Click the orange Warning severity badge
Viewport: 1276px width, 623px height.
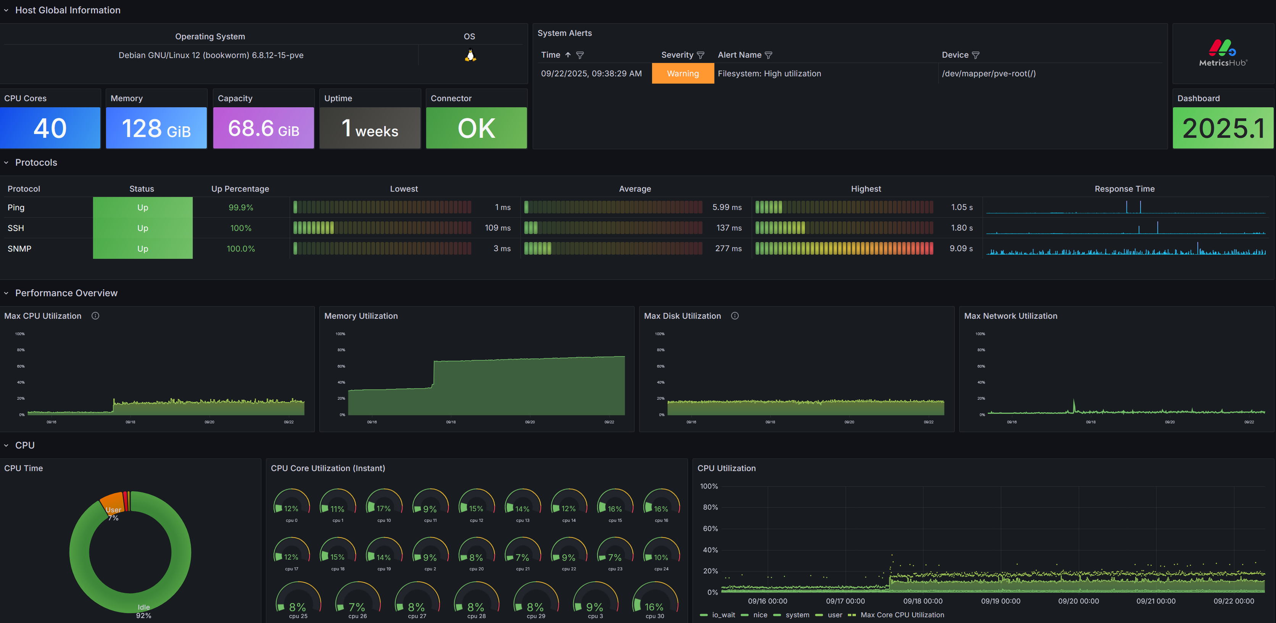683,73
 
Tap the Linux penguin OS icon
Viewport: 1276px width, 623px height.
470,55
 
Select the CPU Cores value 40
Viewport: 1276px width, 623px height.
50,128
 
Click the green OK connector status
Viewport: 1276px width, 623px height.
476,128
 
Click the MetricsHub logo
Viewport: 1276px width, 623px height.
1223,53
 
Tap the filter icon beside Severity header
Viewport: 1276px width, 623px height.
701,55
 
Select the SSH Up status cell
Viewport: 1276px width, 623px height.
143,228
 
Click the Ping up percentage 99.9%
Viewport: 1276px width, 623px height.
241,208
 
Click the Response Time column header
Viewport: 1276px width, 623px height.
1125,189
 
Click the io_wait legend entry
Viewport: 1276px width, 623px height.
718,615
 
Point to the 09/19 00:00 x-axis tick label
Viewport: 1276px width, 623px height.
1000,601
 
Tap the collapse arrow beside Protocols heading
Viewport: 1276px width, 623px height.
6,163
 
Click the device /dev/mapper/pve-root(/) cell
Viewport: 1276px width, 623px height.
989,73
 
